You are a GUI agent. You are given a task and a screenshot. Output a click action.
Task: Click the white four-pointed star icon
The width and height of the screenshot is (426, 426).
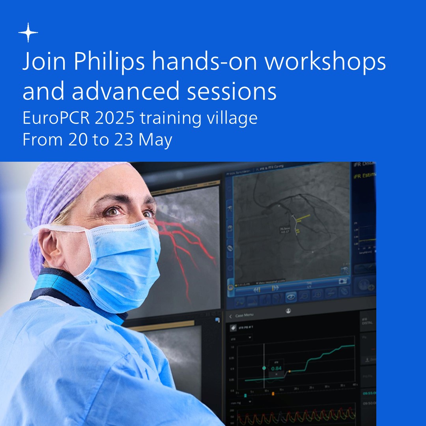[28, 32]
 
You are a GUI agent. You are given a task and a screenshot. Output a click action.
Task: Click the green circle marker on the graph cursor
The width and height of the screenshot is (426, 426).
[264, 368]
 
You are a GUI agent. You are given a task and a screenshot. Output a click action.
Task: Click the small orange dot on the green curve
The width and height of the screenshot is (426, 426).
[289, 371]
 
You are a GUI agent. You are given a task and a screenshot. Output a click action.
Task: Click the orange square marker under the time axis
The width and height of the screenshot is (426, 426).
[273, 394]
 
